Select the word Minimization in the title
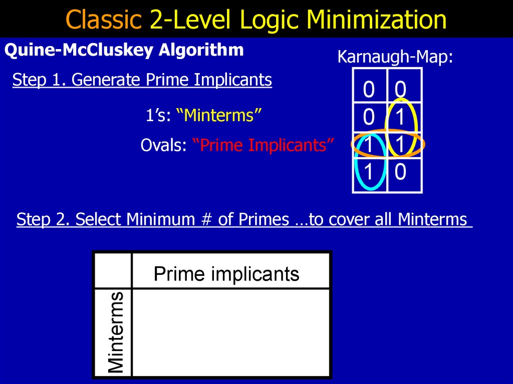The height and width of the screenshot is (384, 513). pos(377,20)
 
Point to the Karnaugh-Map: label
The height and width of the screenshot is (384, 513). pos(395,57)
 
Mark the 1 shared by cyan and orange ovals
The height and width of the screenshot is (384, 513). pos(369,145)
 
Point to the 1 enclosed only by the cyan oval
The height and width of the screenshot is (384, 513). pos(369,173)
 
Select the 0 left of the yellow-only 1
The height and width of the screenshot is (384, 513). pos(369,117)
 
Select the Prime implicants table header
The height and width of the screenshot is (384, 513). pos(226,274)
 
